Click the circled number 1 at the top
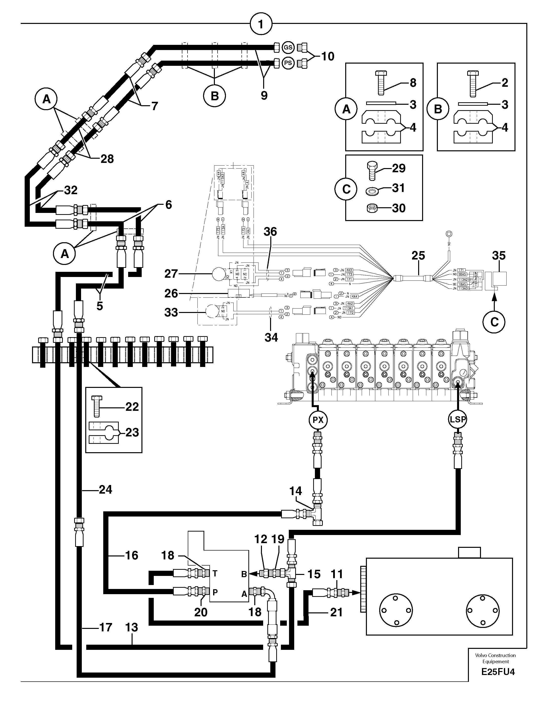pos(261,24)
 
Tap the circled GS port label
pos(288,47)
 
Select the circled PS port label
pos(288,63)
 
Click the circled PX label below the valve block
pos(318,420)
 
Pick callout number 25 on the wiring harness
pos(418,256)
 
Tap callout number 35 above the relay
pos(498,256)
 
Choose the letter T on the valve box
pos(215,573)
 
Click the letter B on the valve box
pos(244,574)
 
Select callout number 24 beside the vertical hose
pos(105,489)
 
